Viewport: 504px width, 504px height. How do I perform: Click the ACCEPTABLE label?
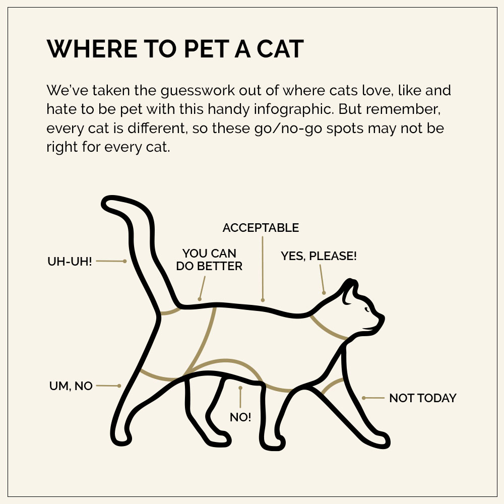(261, 228)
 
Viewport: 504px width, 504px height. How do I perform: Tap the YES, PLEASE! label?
(319, 256)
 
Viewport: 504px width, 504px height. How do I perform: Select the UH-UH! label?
(70, 262)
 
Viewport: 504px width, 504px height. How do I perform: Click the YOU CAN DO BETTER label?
(209, 260)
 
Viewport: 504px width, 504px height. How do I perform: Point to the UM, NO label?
(71, 386)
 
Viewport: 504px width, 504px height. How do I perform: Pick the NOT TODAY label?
(422, 398)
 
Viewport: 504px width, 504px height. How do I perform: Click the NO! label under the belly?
(240, 417)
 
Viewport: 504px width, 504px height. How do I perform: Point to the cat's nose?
(383, 318)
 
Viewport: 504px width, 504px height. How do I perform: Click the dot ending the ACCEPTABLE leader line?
(263, 300)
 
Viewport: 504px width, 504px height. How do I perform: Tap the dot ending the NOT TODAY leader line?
(364, 398)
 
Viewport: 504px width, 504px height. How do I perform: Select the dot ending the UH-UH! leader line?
(124, 261)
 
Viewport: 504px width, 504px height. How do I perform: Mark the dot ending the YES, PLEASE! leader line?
(324, 292)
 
